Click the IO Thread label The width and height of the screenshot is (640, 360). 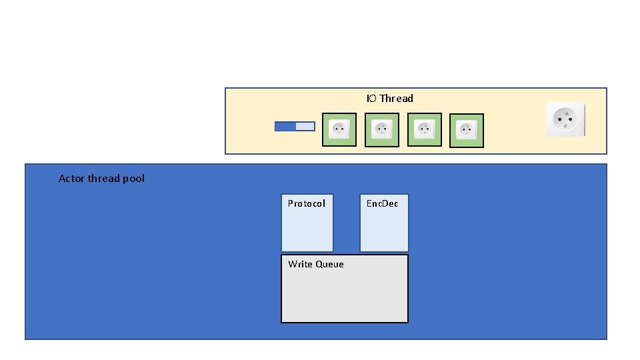click(389, 99)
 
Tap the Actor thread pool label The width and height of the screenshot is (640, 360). click(101, 179)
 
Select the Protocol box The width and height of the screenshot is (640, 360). click(307, 223)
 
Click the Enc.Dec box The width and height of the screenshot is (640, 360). click(384, 223)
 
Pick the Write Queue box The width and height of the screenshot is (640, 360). click(344, 289)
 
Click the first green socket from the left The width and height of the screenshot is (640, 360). click(339, 129)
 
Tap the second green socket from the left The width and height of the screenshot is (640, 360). click(382, 129)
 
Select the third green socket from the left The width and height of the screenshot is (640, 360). click(424, 129)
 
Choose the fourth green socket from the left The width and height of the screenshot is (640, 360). click(467, 130)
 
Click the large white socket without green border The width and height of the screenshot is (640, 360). click(565, 119)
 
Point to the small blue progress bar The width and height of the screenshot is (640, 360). click(295, 126)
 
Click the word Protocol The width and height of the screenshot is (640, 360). click(307, 203)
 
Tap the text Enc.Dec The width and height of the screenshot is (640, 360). click(383, 203)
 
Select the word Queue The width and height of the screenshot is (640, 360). click(330, 265)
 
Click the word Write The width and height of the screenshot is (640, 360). click(300, 265)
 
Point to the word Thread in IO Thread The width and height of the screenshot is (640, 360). click(397, 99)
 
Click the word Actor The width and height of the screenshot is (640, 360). click(71, 179)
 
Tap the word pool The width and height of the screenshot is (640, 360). click(134, 179)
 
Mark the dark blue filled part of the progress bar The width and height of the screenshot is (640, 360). click(285, 126)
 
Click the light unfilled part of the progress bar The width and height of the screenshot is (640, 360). click(305, 126)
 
